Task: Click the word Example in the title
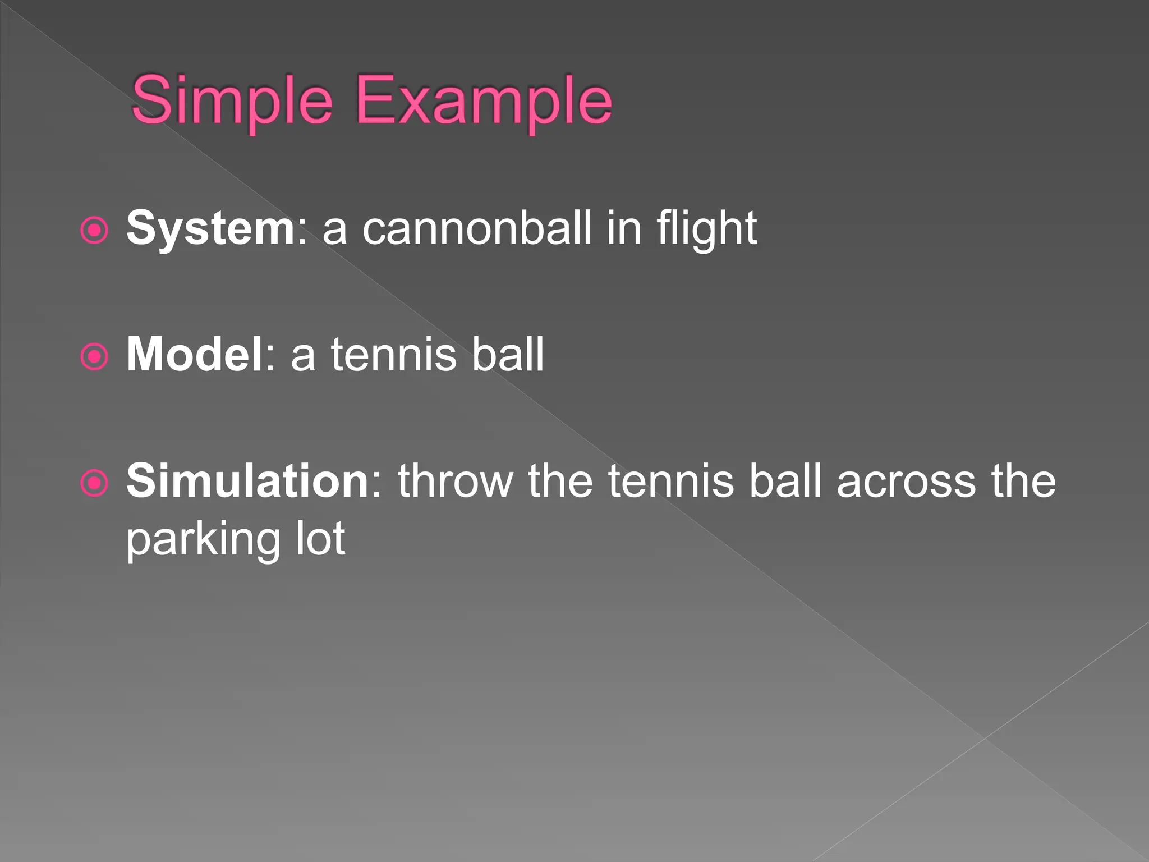tap(484, 101)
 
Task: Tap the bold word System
tap(210, 228)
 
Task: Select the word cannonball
tap(477, 228)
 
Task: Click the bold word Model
tap(194, 354)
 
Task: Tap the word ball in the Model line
tap(508, 354)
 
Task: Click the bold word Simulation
tap(247, 480)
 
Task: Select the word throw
tap(456, 480)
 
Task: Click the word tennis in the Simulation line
tap(671, 480)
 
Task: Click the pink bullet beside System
tap(94, 231)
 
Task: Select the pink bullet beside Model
tap(94, 357)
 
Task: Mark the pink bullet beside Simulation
tap(94, 483)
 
